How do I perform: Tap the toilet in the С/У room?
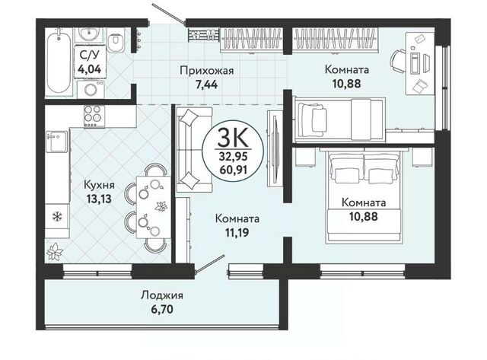pyautogui.click(x=116, y=40)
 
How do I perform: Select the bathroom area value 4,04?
pyautogui.click(x=90, y=68)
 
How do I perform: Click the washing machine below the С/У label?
pyautogui.click(x=91, y=90)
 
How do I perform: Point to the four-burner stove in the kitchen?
pyautogui.click(x=94, y=116)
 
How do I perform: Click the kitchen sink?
pyautogui.click(x=56, y=141)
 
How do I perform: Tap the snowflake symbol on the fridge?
pyautogui.click(x=56, y=216)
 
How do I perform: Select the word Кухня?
pyautogui.click(x=99, y=186)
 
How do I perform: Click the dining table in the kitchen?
pyautogui.click(x=154, y=207)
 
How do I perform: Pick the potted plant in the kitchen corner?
pyautogui.click(x=55, y=251)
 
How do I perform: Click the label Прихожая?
pyautogui.click(x=206, y=71)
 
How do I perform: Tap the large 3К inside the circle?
pyautogui.click(x=233, y=138)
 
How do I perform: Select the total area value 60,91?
pyautogui.click(x=234, y=170)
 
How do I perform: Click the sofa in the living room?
pyautogui.click(x=194, y=150)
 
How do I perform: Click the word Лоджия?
pyautogui.click(x=162, y=295)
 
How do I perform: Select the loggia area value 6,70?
pyautogui.click(x=162, y=309)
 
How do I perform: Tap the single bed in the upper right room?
pyautogui.click(x=339, y=119)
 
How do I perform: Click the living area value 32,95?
pyautogui.click(x=234, y=157)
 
